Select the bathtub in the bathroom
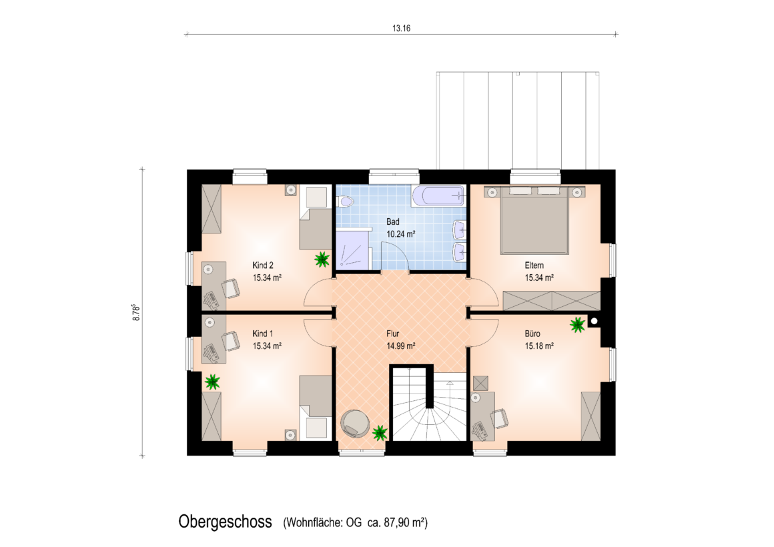click(x=438, y=195)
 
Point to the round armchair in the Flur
click(x=355, y=424)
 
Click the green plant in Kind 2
click(x=322, y=259)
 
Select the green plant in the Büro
click(x=577, y=324)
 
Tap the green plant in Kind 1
click(x=212, y=382)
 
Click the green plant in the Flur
click(x=380, y=433)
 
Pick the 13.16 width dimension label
click(x=401, y=28)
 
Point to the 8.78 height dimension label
click(x=137, y=312)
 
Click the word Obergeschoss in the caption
click(x=225, y=522)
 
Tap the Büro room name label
click(x=532, y=334)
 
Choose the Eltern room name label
click(x=534, y=265)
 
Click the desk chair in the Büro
click(x=499, y=419)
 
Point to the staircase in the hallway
click(x=428, y=403)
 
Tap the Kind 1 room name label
click(x=263, y=334)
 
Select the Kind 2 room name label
click(x=263, y=265)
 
